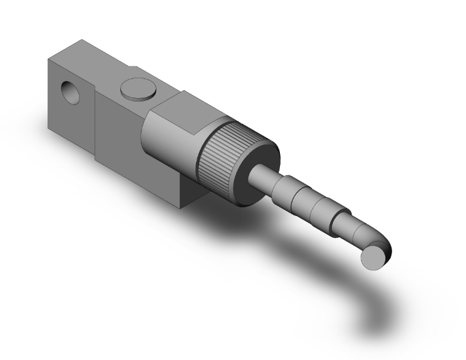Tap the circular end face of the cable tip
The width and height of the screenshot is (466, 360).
coord(375,257)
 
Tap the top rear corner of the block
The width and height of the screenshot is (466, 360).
coord(79,41)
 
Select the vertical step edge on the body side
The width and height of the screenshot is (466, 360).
coord(95,125)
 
